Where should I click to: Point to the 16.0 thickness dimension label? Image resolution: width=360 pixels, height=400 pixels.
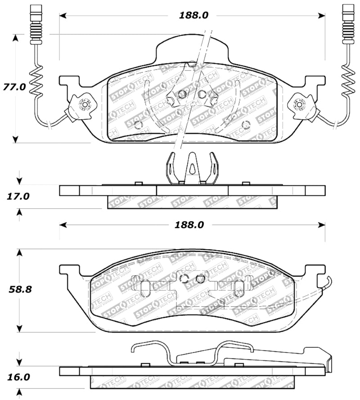tap(19, 377)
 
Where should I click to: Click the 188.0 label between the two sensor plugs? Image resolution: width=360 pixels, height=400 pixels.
tap(194, 15)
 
